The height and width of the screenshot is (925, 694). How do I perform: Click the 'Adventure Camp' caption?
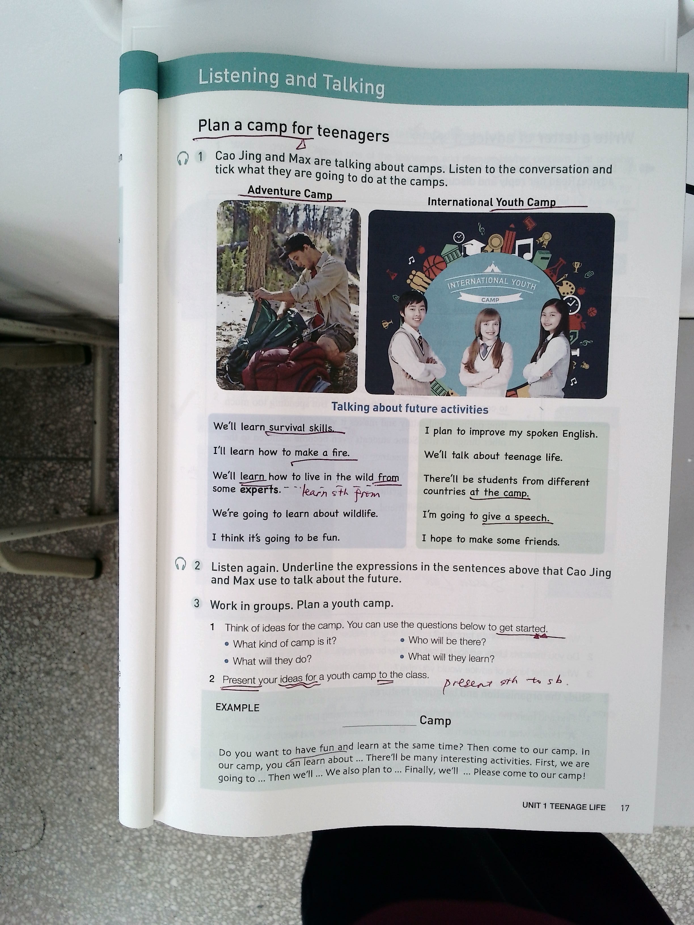[290, 192]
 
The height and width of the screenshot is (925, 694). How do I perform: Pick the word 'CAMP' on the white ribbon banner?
[490, 300]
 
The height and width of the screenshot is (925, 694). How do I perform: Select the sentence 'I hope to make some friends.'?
[490, 540]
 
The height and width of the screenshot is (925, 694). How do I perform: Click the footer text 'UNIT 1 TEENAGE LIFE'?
[564, 806]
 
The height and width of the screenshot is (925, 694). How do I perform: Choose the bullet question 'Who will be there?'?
[447, 641]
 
